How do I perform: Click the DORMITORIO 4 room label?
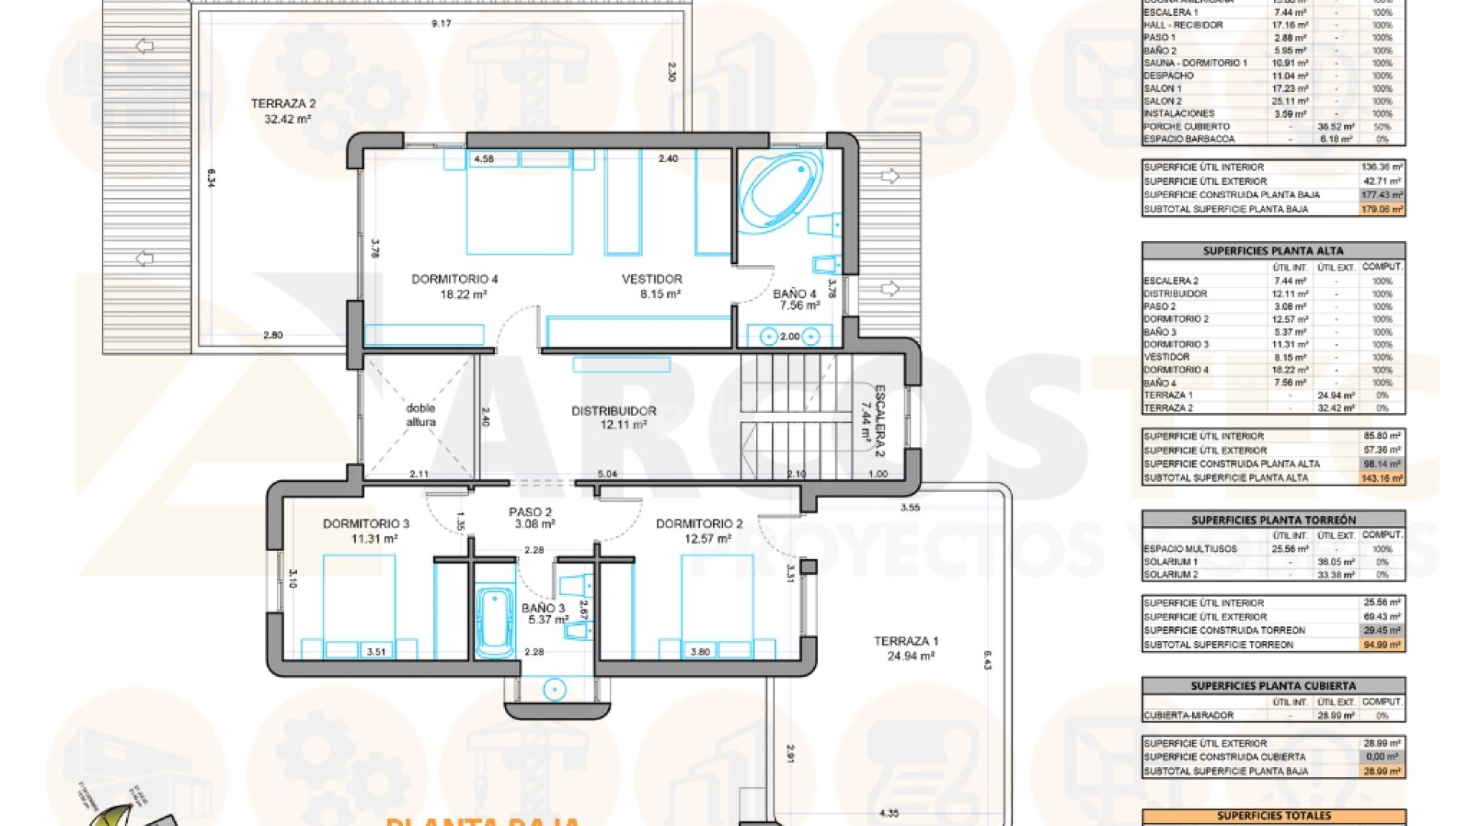[454, 279]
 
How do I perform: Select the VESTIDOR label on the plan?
[652, 279]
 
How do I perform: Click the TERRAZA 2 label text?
[283, 103]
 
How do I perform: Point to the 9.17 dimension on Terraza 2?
[441, 24]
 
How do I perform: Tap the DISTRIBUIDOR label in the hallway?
[614, 411]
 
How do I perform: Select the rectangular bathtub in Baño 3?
[495, 622]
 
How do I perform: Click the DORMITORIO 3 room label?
[366, 524]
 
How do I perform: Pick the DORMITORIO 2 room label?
[699, 524]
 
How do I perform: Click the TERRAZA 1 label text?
[906, 642]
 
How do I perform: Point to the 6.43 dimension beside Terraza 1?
[987, 660]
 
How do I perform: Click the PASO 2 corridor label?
[530, 512]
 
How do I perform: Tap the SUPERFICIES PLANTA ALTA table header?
[1273, 251]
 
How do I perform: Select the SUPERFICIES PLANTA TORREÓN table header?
[1273, 520]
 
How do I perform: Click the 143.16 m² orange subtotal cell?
[1382, 478]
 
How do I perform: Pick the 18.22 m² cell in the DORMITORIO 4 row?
[1290, 370]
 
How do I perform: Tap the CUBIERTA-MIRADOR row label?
[1188, 716]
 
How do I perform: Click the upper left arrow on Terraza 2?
[144, 46]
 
